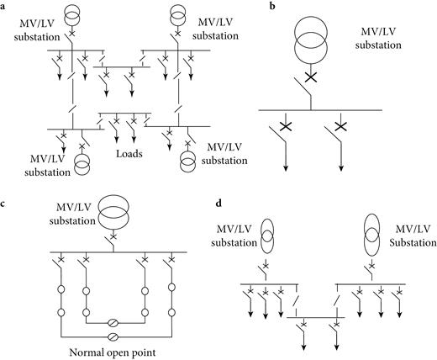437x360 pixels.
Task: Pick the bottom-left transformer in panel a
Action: click(82, 162)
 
